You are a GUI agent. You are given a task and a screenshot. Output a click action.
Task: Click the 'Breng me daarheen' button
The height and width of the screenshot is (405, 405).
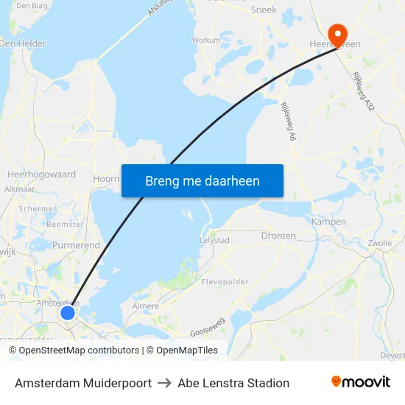pyautogui.click(x=202, y=180)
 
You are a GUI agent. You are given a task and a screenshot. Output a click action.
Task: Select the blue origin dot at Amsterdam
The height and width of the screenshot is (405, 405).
pyautogui.click(x=67, y=313)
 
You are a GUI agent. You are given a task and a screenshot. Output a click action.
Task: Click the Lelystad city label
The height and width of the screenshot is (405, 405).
pyautogui.click(x=214, y=240)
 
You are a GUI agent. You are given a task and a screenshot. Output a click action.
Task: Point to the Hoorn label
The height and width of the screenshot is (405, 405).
pyautogui.click(x=106, y=178)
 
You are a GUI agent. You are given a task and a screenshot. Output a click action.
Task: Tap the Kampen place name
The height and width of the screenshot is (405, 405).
pyautogui.click(x=328, y=222)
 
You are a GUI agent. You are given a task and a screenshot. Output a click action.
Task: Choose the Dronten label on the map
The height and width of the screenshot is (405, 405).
pyautogui.click(x=278, y=236)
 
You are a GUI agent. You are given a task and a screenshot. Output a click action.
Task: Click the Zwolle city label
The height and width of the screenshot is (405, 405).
pyautogui.click(x=379, y=242)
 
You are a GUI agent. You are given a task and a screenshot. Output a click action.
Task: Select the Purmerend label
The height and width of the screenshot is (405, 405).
pyautogui.click(x=76, y=244)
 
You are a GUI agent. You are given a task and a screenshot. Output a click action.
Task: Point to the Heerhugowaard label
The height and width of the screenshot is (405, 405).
pyautogui.click(x=41, y=175)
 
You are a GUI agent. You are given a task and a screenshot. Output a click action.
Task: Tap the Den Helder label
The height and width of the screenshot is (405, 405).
pyautogui.click(x=22, y=43)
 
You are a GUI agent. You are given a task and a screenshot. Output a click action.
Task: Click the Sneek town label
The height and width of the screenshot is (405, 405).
pyautogui.click(x=264, y=10)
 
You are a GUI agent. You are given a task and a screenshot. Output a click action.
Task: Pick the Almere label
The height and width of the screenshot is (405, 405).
pyautogui.click(x=145, y=306)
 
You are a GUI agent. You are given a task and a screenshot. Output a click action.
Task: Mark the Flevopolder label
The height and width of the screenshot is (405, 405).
pyautogui.click(x=225, y=281)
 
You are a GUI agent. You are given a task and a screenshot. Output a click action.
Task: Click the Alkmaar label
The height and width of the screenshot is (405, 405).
pyautogui.click(x=20, y=189)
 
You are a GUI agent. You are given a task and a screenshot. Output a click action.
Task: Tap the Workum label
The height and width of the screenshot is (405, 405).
pyautogui.click(x=205, y=40)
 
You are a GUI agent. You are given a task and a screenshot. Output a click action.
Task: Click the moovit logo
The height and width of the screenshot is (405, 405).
pyautogui.click(x=360, y=382)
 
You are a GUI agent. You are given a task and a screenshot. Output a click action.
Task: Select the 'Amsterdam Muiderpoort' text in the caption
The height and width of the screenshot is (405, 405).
pyautogui.click(x=83, y=383)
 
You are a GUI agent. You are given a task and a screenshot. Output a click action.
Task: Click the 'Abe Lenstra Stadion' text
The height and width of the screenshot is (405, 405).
pyautogui.click(x=233, y=383)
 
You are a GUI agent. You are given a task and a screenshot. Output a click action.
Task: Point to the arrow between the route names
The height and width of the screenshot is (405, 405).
pyautogui.click(x=165, y=383)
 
